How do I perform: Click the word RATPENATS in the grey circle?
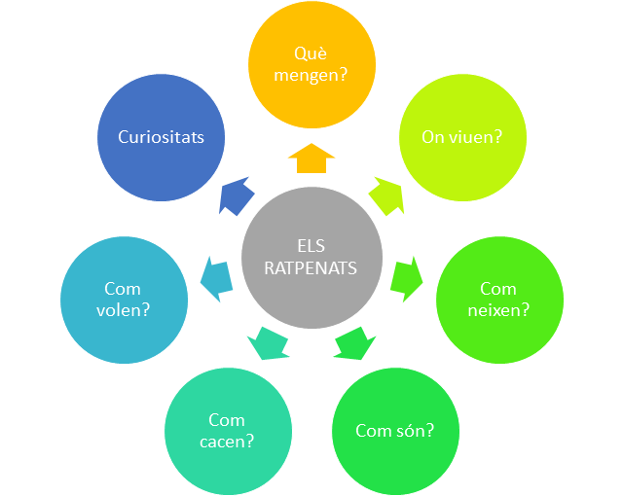pyautogui.click(x=311, y=268)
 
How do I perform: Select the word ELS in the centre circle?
pyautogui.click(x=311, y=246)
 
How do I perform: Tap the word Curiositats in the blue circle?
pyautogui.click(x=161, y=137)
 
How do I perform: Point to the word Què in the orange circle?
pyautogui.click(x=311, y=53)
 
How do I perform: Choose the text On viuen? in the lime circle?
pyautogui.click(x=462, y=137)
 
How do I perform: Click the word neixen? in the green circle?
pyautogui.click(x=498, y=310)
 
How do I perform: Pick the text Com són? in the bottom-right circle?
pyautogui.click(x=395, y=431)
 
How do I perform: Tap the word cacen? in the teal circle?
pyautogui.click(x=227, y=442)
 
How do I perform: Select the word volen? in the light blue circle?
pyautogui.click(x=124, y=310)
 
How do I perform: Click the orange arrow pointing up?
pyautogui.click(x=311, y=158)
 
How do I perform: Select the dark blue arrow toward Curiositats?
pyautogui.click(x=237, y=196)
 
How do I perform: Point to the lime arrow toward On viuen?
pyautogui.click(x=386, y=196)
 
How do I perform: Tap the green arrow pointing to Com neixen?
pyautogui.click(x=407, y=279)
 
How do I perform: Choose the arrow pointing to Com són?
pyautogui.click(x=354, y=343)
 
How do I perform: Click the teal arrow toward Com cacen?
pyautogui.click(x=269, y=343)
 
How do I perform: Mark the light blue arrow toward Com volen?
pyautogui.click(x=216, y=279)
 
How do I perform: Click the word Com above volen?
pyautogui.click(x=123, y=289)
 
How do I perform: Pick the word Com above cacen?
pyautogui.click(x=227, y=420)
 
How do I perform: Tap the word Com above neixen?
pyautogui.click(x=498, y=289)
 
